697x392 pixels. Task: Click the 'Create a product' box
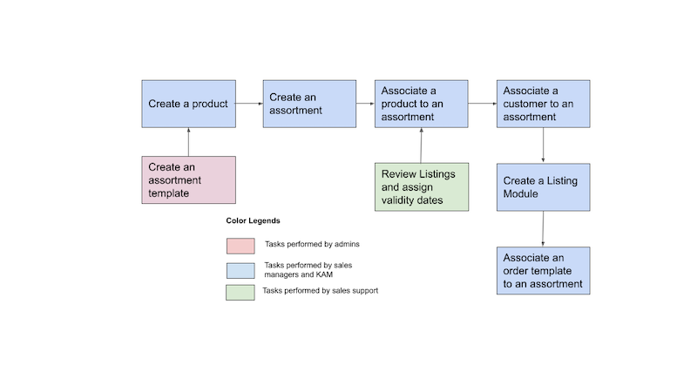(188, 104)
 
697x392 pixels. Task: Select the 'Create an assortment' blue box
(309, 104)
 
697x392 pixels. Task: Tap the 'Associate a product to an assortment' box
(422, 104)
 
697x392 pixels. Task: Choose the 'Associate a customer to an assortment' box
(544, 104)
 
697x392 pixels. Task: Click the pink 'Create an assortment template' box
(188, 179)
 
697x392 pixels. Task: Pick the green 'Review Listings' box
(422, 186)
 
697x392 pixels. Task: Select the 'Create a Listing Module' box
(544, 186)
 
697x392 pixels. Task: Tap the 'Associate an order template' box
(544, 271)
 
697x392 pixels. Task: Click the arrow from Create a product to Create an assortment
(249, 104)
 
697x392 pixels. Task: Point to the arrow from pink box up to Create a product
(188, 141)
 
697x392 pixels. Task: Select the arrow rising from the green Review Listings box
(422, 145)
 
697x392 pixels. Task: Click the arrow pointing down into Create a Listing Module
(544, 145)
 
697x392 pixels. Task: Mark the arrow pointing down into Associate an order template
(544, 228)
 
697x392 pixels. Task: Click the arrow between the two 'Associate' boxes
(483, 104)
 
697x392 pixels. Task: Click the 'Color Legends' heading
(254, 221)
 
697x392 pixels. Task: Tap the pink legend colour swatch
(240, 246)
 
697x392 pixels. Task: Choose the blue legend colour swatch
(240, 269)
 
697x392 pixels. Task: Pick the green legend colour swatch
(240, 293)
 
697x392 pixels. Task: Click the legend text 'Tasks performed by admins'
(311, 244)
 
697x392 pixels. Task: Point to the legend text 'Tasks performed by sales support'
(320, 291)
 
